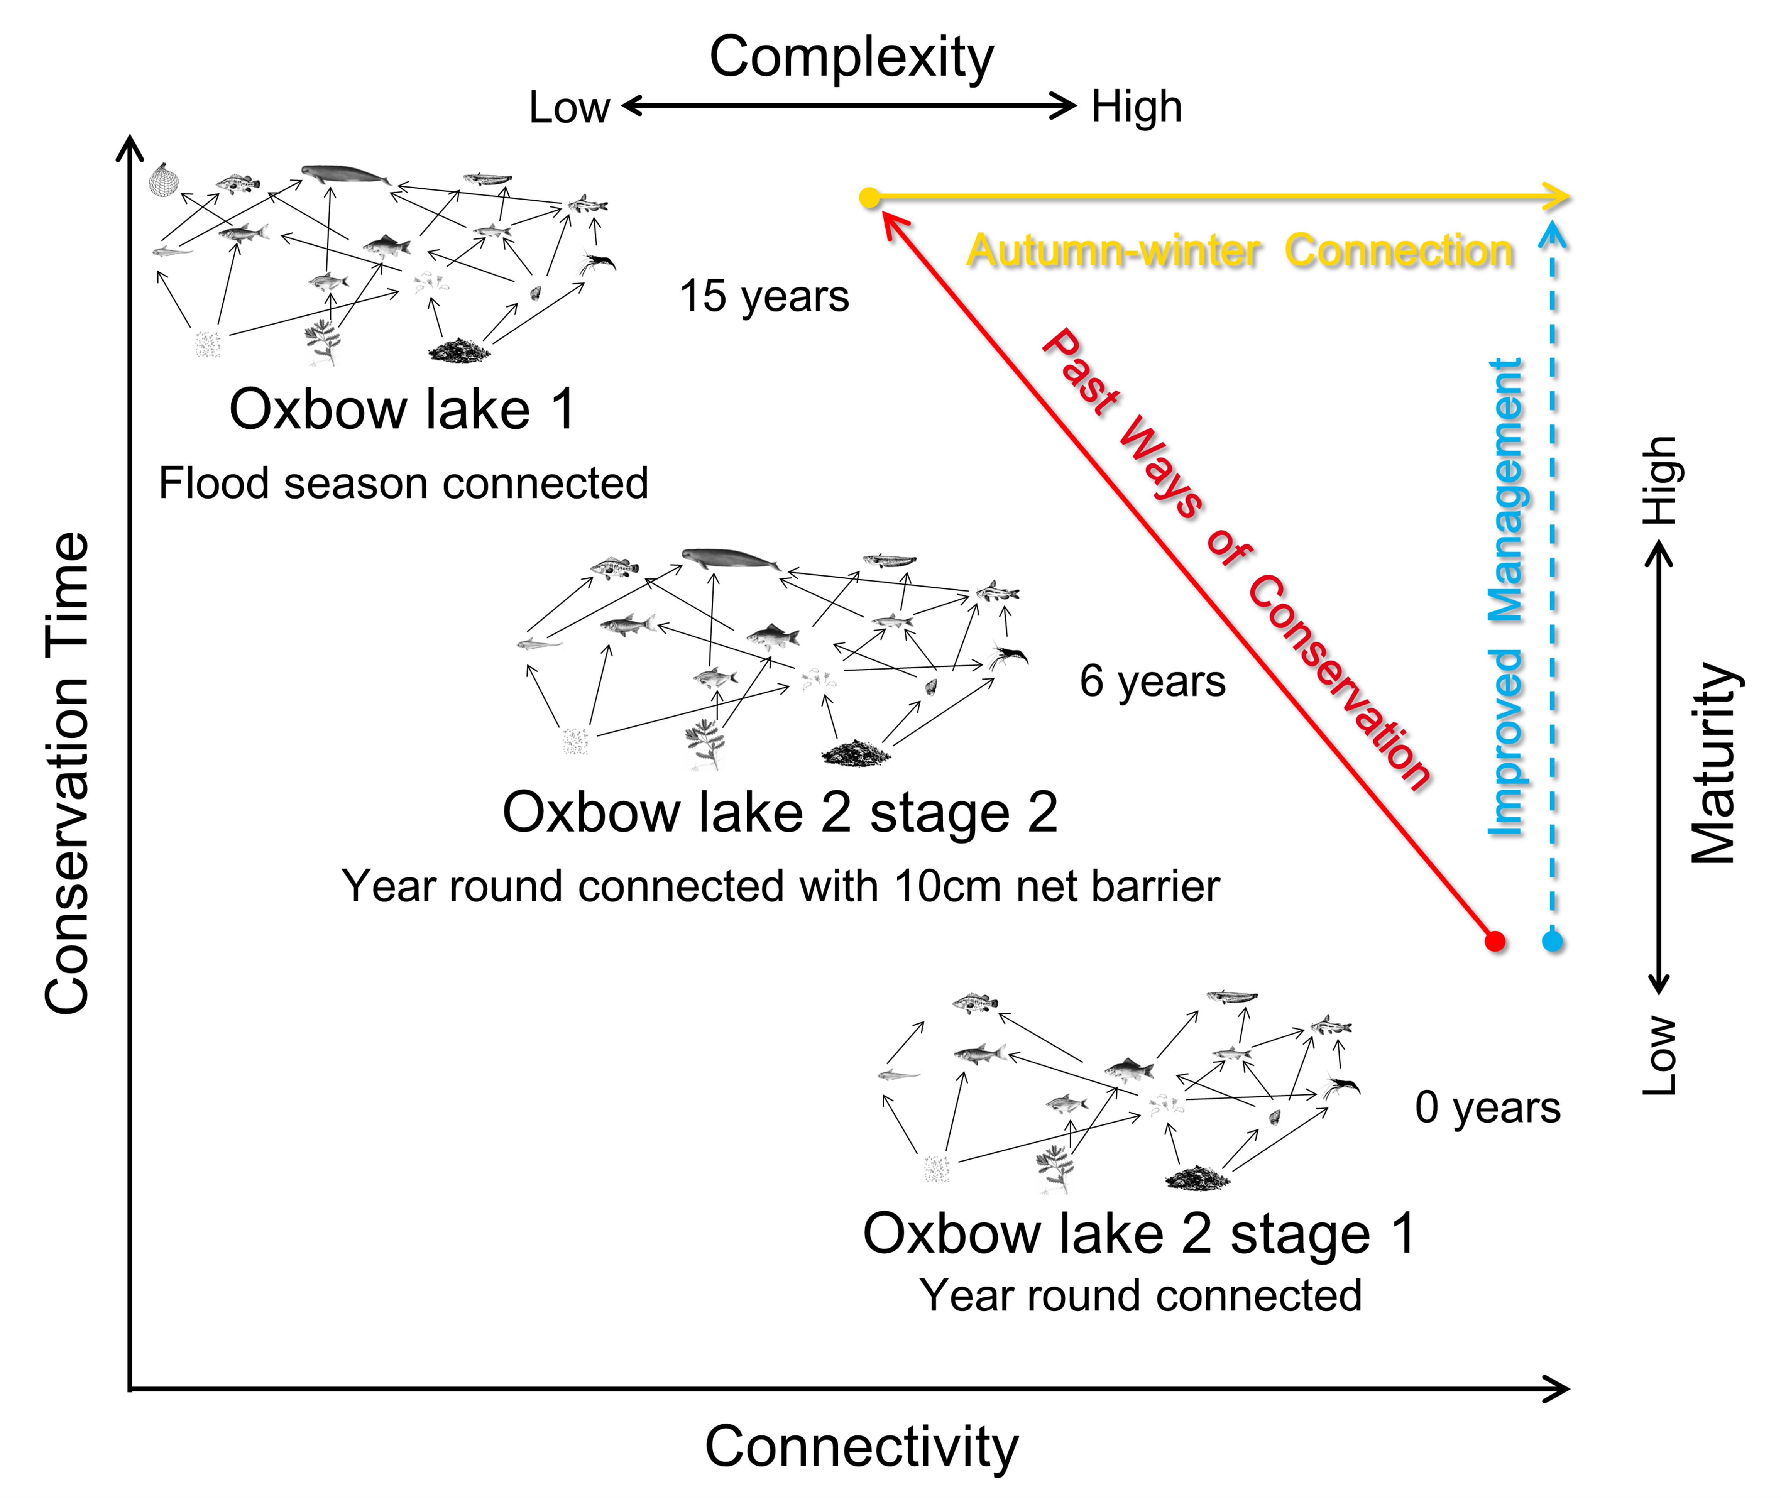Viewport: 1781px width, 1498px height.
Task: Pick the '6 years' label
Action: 1152,681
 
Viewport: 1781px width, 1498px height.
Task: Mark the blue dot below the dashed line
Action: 1553,941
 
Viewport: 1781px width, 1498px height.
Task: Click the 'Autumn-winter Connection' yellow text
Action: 1240,251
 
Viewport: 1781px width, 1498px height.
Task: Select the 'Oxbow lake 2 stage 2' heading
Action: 780,813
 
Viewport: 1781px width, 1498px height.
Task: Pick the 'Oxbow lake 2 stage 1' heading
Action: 1139,1233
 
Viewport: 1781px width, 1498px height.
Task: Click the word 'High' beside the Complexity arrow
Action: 1137,107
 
